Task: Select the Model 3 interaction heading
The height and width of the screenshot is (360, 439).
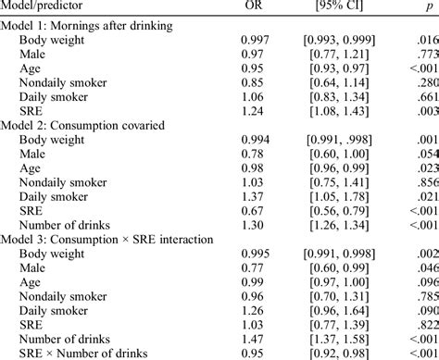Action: (x=107, y=239)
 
